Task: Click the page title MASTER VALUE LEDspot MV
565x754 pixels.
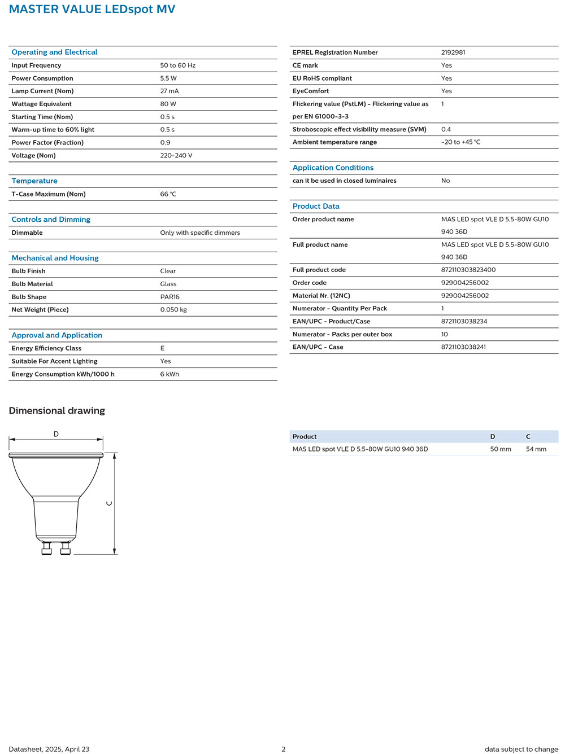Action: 92,9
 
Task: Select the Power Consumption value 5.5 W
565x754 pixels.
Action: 168,78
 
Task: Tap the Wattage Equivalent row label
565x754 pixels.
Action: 42,104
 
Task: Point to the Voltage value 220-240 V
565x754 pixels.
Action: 176,156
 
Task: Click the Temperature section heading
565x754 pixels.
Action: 34,181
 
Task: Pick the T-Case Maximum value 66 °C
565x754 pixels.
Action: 168,194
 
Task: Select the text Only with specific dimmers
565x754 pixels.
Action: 200,233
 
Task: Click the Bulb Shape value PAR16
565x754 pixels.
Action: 170,297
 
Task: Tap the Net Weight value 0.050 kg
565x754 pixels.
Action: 173,310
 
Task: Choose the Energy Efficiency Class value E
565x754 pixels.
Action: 162,348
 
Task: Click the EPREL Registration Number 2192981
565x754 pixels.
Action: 453,52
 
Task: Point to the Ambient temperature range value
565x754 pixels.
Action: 460,142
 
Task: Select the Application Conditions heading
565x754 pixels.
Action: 333,168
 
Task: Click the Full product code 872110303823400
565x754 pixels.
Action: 468,270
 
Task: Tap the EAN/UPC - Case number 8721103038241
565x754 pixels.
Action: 463,347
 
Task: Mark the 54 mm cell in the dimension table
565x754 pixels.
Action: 536,449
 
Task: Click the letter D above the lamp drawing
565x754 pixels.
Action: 56,434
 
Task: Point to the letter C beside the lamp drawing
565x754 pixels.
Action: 110,503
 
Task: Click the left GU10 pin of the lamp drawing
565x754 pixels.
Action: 46,548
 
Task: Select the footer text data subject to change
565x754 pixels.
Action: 521,749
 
